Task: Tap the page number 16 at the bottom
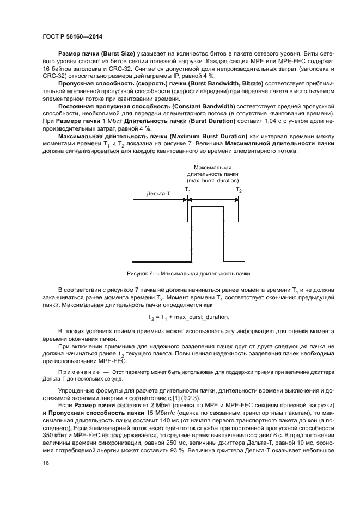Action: (45, 463)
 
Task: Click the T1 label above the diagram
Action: (187, 189)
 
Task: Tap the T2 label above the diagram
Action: (239, 189)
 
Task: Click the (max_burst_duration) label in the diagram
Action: (212, 180)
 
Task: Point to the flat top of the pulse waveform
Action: (207, 207)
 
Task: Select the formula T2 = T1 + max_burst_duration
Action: (188, 316)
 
